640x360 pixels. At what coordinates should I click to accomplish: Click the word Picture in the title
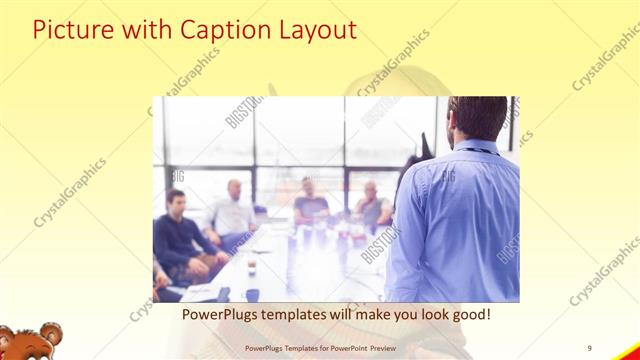71,29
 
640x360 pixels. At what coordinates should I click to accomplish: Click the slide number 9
590,347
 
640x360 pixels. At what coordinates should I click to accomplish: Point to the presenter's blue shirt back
460,220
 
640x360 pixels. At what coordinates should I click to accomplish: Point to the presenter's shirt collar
478,147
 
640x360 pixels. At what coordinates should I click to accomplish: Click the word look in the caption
420,314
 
